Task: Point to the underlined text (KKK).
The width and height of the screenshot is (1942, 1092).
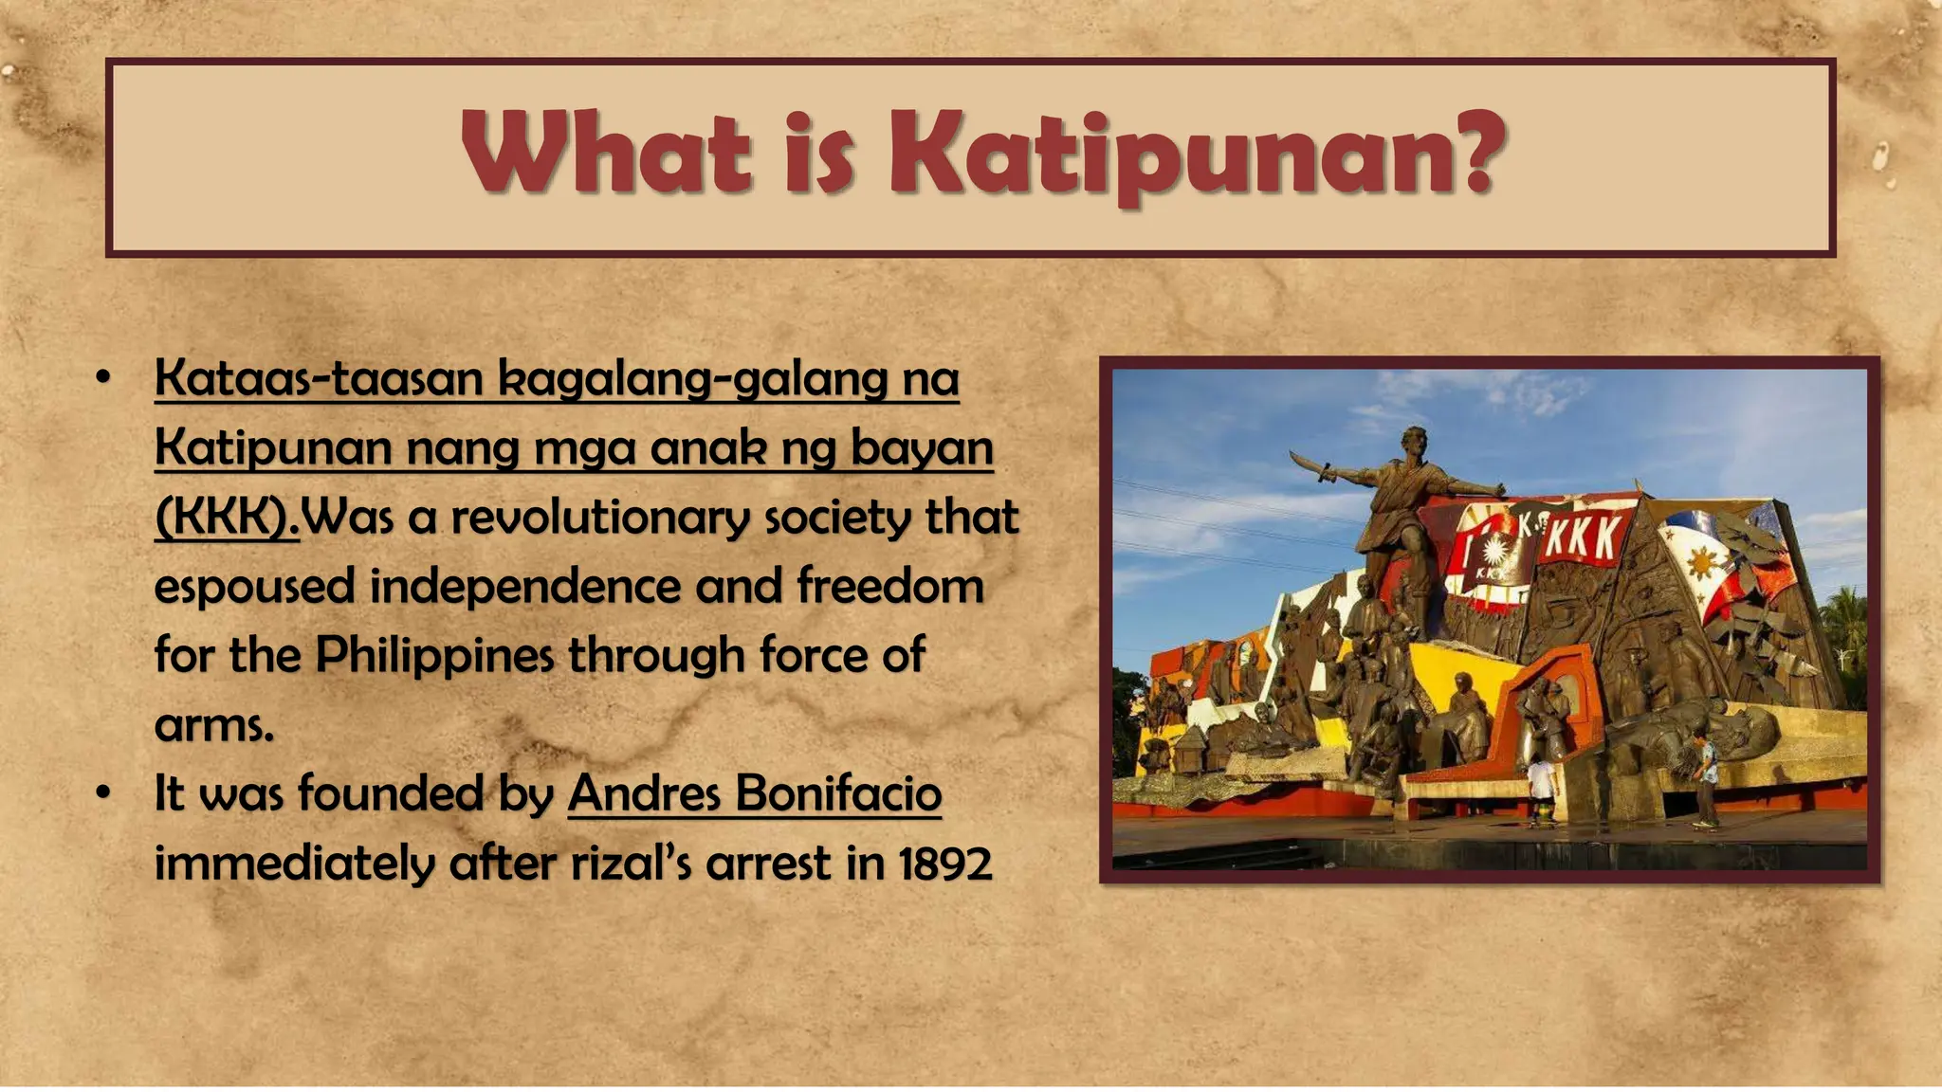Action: point(227,518)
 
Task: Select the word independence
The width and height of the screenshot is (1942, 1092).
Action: point(524,586)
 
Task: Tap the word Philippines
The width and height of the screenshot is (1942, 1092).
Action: point(434,655)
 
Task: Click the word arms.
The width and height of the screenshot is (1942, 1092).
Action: point(214,725)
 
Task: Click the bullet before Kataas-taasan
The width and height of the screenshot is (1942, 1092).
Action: point(103,378)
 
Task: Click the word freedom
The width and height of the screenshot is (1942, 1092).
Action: point(889,586)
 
